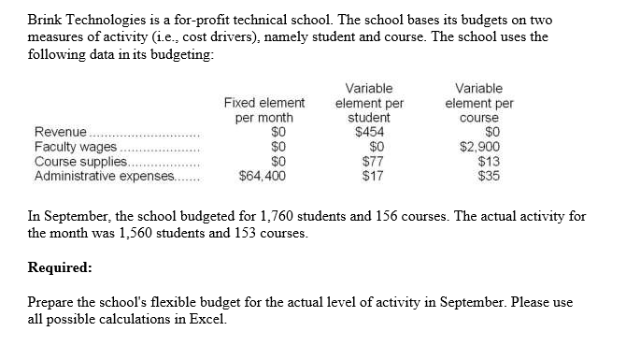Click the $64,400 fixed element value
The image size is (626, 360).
click(263, 174)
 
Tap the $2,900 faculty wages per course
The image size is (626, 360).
click(481, 147)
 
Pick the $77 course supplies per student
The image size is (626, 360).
click(373, 160)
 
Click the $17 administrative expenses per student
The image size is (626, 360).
click(373, 174)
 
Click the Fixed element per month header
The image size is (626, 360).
click(264, 110)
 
